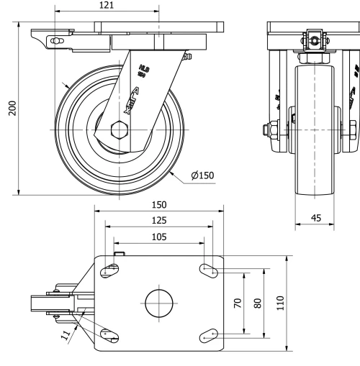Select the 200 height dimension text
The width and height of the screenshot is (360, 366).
12,106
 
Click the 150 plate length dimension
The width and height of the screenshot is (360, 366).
159,205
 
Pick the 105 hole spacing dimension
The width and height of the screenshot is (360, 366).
159,236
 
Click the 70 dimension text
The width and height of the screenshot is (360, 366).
238,303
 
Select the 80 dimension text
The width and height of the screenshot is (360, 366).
256,303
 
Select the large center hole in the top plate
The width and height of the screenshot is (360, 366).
159,303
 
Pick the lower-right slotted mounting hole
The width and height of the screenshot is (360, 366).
208,334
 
